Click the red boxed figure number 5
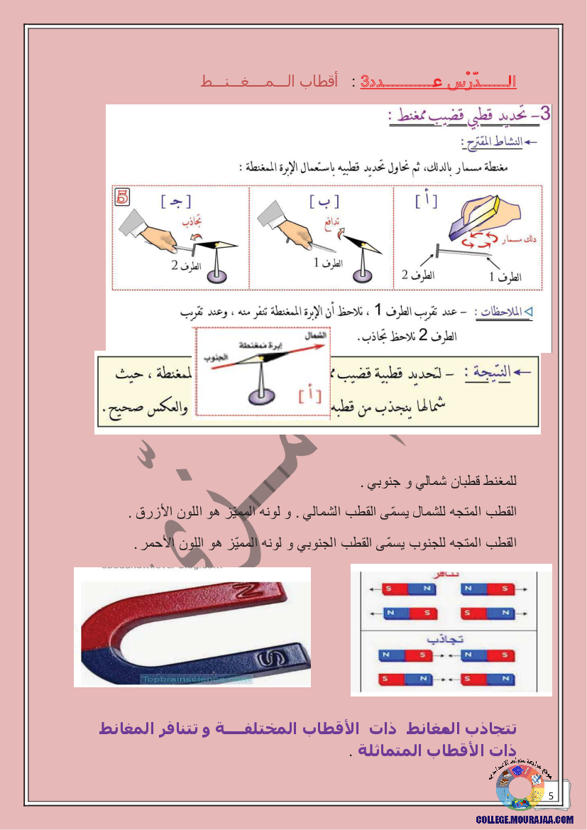point(122,197)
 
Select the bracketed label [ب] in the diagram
point(324,202)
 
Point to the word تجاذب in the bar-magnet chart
point(451,638)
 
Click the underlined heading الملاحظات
point(506,312)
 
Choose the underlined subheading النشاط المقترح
point(493,143)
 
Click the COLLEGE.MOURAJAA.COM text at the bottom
point(525,819)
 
